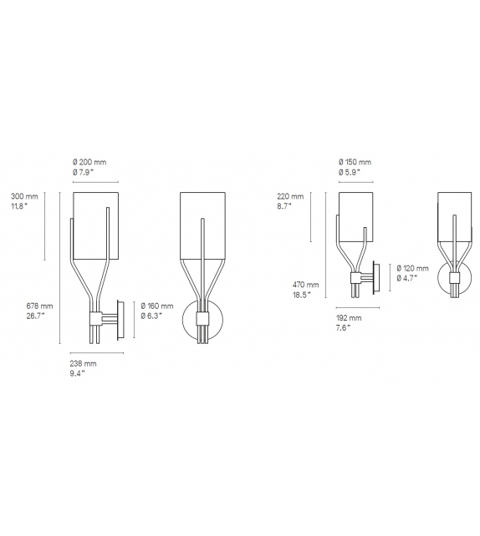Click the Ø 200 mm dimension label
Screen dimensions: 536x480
90,162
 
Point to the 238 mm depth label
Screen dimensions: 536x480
84,365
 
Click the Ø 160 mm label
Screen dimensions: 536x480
156,306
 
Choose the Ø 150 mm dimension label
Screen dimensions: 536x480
355,162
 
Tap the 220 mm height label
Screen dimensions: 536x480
289,198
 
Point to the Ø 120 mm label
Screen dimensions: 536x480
412,268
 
